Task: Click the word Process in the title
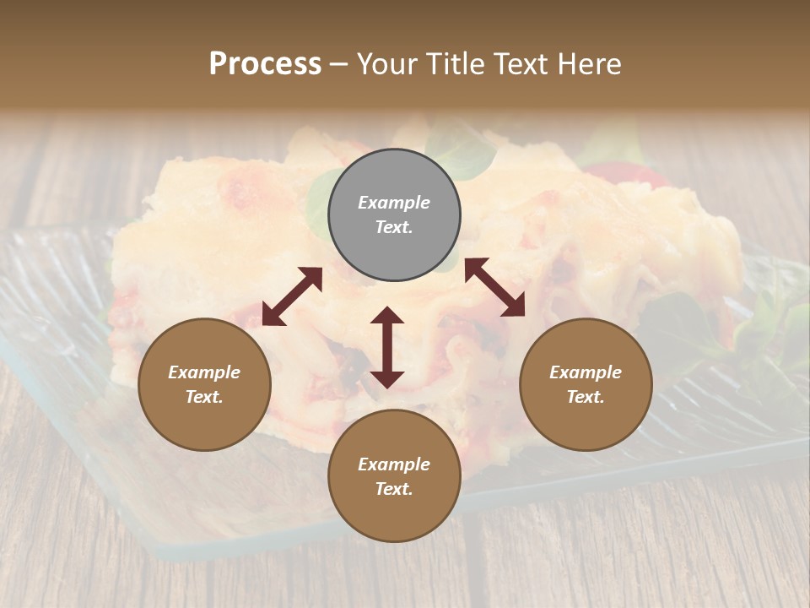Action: (265, 64)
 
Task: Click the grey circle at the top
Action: (394, 215)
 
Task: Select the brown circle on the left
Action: (204, 384)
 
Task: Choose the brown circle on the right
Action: (586, 384)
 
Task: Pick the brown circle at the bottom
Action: (394, 476)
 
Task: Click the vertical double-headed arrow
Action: (387, 347)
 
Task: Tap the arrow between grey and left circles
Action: (292, 296)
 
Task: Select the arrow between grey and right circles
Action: (494, 287)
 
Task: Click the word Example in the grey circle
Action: (394, 203)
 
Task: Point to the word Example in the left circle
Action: (204, 372)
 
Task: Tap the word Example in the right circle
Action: (586, 372)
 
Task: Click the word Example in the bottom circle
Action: (394, 464)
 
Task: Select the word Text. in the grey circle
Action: (394, 228)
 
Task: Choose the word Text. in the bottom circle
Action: (394, 489)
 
